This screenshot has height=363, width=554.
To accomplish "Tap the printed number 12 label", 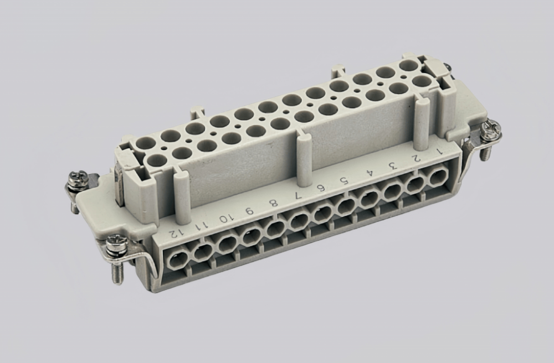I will pyautogui.click(x=175, y=232).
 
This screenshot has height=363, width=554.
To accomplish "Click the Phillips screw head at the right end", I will pyautogui.click(x=490, y=131).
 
